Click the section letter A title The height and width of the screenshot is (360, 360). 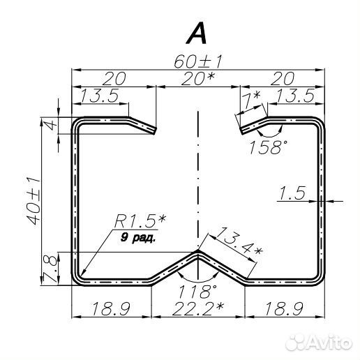point(197,33)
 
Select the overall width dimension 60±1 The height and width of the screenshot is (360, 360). point(198,62)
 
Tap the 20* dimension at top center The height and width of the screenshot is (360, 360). point(197,79)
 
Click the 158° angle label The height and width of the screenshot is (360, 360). point(268,147)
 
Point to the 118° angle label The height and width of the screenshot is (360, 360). point(197,292)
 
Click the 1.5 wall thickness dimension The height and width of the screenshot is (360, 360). point(292,193)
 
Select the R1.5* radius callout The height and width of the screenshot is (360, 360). point(140,221)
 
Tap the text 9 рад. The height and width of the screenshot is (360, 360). point(138,238)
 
